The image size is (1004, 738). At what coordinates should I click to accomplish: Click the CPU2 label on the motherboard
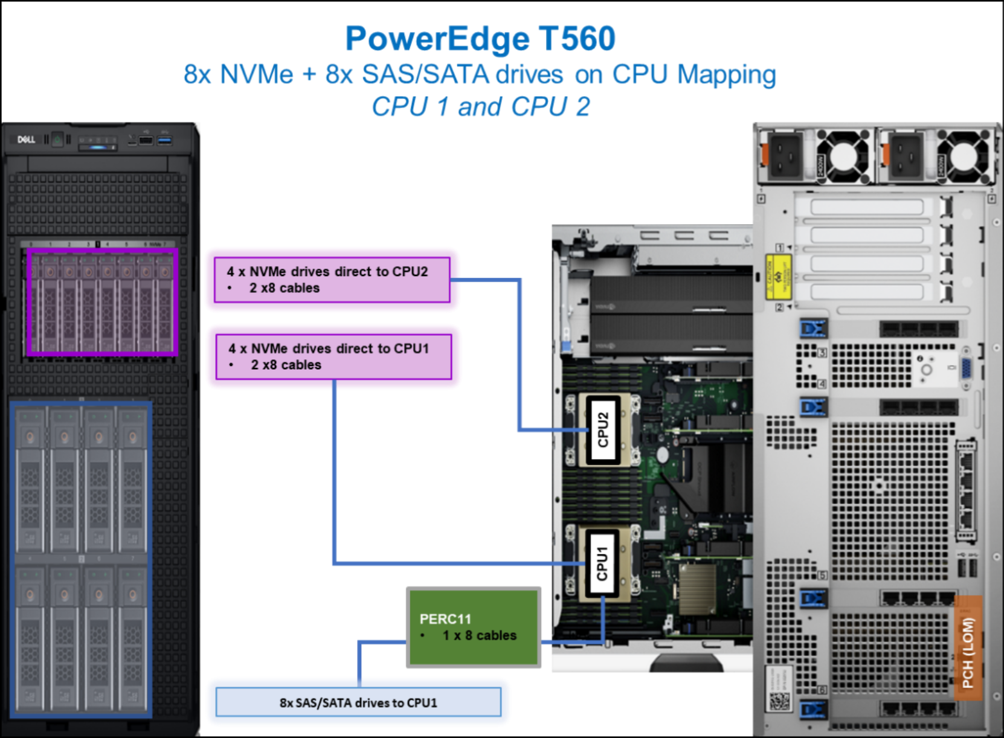point(603,429)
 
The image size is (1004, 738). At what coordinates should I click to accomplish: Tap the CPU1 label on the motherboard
point(602,563)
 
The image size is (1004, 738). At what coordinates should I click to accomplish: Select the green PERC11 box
point(474,627)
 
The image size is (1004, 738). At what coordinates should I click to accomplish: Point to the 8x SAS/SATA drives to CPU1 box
point(358,702)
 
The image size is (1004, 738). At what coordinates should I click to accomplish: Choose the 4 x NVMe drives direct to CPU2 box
point(332,280)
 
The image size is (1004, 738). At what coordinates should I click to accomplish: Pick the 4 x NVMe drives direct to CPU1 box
point(333,356)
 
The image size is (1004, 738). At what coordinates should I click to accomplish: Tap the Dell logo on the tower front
point(26,140)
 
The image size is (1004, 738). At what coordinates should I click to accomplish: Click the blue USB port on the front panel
point(164,141)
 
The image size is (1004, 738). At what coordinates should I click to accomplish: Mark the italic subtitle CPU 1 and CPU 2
point(480,107)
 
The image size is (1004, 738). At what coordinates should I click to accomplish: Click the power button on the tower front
point(57,140)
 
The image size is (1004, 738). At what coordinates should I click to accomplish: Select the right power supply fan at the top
point(965,155)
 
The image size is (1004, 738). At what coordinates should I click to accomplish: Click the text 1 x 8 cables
point(479,635)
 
